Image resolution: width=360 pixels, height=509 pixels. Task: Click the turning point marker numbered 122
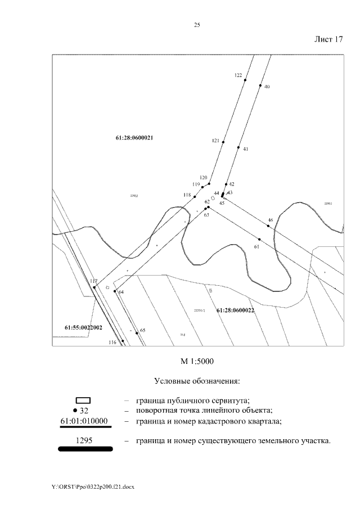tap(245, 80)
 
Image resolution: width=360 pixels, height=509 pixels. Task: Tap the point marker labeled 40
tap(260, 86)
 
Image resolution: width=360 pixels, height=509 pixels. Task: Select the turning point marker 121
tap(223, 142)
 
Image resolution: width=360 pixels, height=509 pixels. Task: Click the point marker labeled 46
tap(268, 226)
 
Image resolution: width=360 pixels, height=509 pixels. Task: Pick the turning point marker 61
tap(259, 240)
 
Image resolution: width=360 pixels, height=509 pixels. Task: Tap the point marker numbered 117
tap(94, 287)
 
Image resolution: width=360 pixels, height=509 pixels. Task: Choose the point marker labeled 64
tap(115, 291)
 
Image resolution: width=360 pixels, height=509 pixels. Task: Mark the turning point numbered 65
tap(137, 333)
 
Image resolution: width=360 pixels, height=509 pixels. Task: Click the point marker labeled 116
tap(123, 341)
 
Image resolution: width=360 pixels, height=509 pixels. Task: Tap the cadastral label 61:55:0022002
tap(83, 327)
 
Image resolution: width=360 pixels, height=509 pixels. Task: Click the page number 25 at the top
tap(197, 25)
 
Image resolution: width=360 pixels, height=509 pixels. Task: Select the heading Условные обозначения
tap(197, 381)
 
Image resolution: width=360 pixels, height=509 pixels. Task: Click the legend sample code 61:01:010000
tap(84, 421)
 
